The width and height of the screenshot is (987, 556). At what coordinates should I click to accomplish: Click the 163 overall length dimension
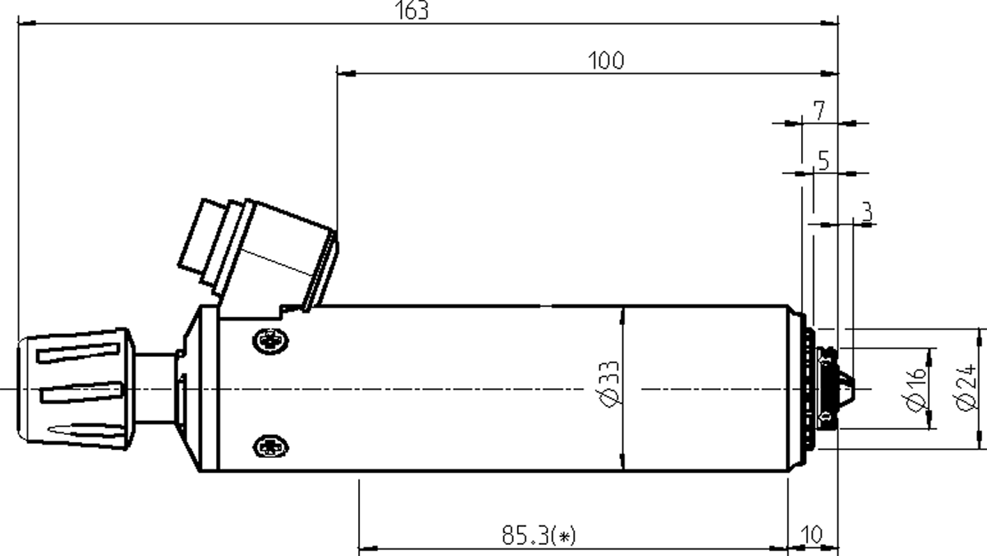tap(413, 11)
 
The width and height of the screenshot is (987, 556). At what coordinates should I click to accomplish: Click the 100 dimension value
tap(606, 61)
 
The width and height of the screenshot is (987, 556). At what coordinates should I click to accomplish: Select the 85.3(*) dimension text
tap(538, 536)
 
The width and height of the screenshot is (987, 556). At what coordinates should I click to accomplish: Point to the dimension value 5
tap(823, 161)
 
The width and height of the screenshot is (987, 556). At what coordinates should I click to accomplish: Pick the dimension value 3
tap(866, 212)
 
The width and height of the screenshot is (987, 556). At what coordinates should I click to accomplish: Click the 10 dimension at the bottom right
tap(812, 535)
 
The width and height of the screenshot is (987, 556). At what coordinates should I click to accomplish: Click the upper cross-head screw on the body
tap(270, 340)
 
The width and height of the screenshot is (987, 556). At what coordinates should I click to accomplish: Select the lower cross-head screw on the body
tap(270, 445)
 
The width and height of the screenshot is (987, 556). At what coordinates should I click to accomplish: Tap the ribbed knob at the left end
tap(75, 388)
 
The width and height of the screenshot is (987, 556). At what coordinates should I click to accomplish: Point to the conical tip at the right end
tap(846, 388)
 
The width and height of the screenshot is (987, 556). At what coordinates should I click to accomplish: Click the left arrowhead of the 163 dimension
tap(26, 24)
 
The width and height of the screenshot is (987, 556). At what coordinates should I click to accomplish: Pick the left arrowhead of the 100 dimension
tap(346, 72)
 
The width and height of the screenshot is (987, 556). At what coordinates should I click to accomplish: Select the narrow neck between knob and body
tap(155, 388)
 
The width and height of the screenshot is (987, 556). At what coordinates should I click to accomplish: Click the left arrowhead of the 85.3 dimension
tap(368, 548)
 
